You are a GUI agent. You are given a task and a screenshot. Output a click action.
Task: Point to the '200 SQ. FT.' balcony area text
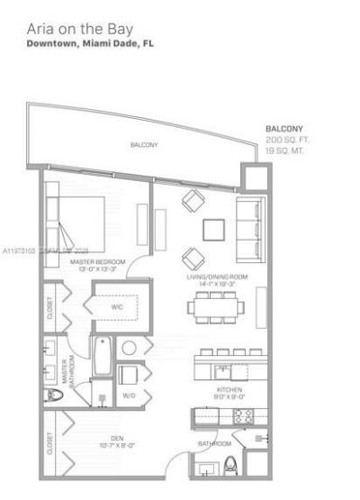tap(287, 141)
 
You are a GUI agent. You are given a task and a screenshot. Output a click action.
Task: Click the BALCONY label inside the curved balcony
tap(144, 144)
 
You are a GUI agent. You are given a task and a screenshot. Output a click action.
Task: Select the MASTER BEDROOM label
tap(97, 260)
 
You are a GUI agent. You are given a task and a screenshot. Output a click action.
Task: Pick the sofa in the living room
tap(246, 224)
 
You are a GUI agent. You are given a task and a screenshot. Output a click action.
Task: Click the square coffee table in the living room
tap(214, 229)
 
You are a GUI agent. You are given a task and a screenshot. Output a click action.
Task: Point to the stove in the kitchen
tap(242, 416)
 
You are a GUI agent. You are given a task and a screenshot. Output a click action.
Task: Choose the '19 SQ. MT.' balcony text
tap(285, 150)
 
